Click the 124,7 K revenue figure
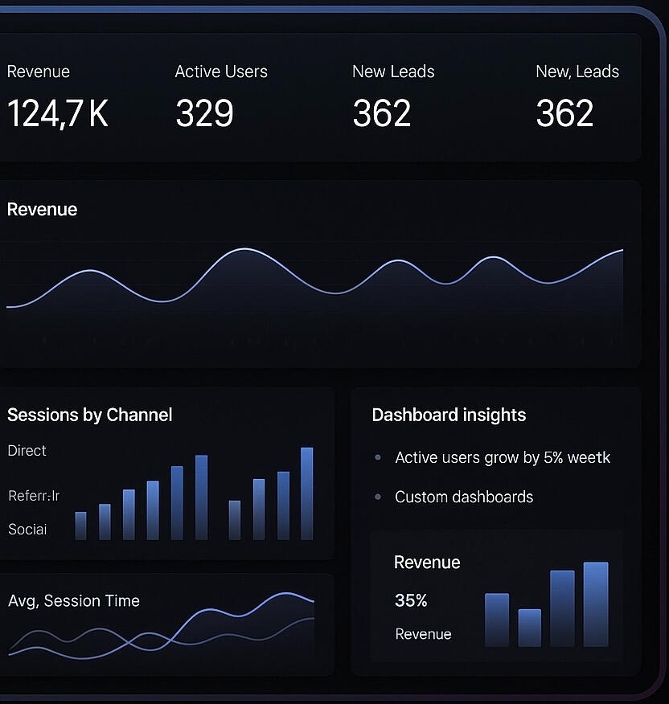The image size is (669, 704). (57, 113)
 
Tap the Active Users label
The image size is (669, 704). (221, 72)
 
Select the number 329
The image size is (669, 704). (204, 113)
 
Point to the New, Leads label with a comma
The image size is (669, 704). (577, 72)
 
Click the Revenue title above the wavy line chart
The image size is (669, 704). (42, 210)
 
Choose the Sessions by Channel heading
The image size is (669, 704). (89, 415)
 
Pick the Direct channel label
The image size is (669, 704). (27, 451)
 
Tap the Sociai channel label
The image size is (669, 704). (27, 530)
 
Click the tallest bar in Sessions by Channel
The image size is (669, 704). (306, 493)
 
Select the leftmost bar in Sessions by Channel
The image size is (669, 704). (80, 526)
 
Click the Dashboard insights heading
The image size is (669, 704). (449, 415)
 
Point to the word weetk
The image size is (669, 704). (589, 458)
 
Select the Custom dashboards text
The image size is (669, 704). (464, 497)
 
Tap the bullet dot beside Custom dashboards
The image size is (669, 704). (378, 497)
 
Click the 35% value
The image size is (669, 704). (411, 600)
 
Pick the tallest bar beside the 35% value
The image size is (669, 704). (596, 604)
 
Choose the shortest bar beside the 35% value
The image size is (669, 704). (530, 628)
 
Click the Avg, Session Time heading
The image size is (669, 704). (74, 601)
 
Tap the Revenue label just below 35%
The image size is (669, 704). (423, 635)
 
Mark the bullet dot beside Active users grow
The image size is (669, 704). (378, 458)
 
